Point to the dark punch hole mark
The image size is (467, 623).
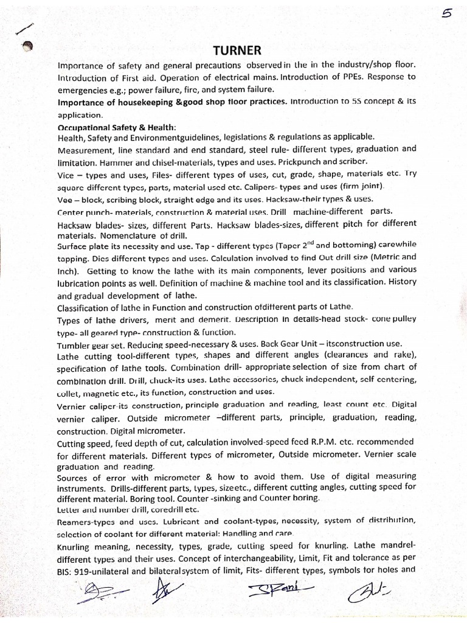coord(26,46)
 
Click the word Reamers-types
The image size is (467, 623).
coord(84,521)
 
